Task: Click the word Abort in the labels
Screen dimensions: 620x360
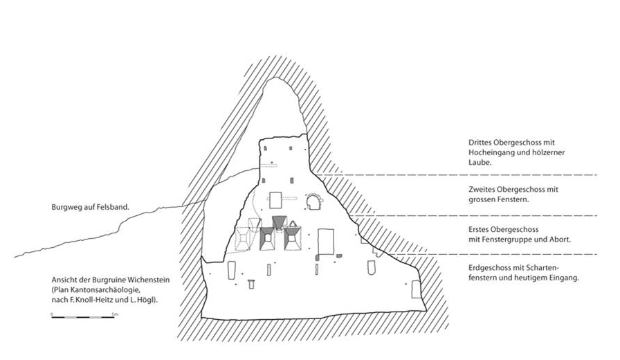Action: point(560,240)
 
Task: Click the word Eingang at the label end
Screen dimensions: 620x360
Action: point(564,278)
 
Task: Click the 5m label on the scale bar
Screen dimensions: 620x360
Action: point(115,314)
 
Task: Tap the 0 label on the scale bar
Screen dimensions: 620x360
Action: point(52,314)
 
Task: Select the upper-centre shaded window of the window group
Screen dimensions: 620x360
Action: point(280,222)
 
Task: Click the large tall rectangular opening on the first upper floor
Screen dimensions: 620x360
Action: point(326,242)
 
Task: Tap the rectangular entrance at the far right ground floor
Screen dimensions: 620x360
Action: point(416,289)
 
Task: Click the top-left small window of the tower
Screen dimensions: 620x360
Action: point(266,148)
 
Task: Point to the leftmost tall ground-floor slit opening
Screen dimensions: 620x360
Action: point(231,270)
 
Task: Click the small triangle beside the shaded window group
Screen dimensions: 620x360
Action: point(293,224)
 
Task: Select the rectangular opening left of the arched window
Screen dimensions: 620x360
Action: point(275,200)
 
